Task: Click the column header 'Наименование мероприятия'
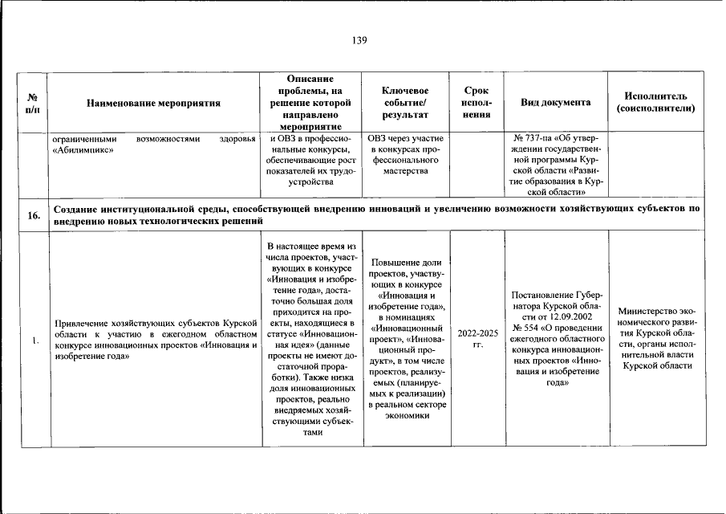click(154, 103)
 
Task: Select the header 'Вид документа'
click(556, 103)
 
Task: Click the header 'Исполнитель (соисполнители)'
click(655, 103)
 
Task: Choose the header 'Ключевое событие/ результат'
click(405, 103)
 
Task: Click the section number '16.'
click(34, 216)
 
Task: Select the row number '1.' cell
click(34, 340)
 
